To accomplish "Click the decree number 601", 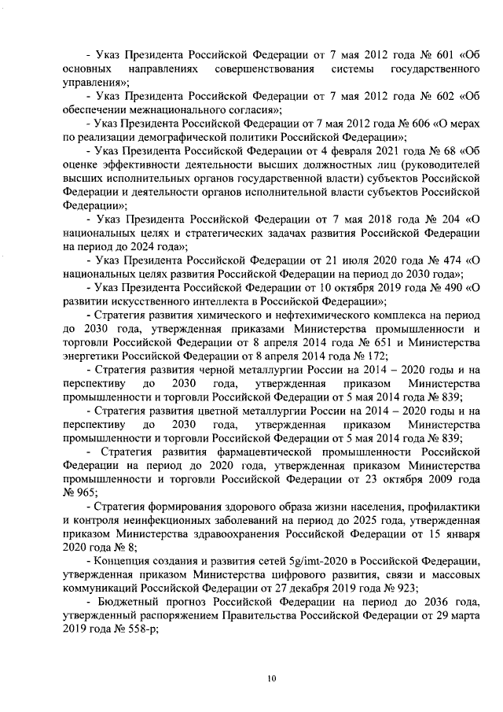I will pyautogui.click(x=425, y=56).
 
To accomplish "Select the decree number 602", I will pyautogui.click(x=425, y=96).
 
